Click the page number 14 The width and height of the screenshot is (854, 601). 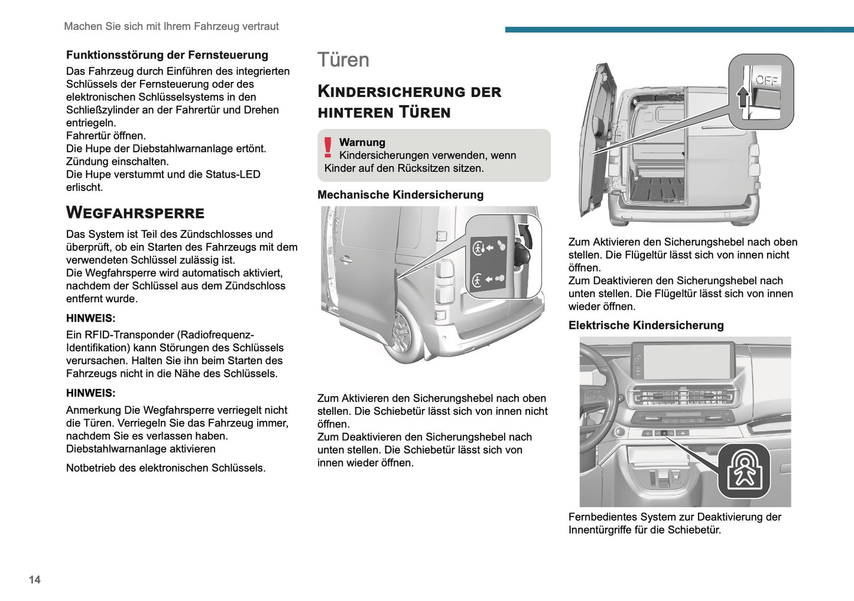pos(35,580)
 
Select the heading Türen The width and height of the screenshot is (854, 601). pos(343,60)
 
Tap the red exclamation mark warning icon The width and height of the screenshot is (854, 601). pos(327,148)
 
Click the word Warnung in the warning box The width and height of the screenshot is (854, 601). pos(362,142)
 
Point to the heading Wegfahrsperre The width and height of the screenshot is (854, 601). pos(135,213)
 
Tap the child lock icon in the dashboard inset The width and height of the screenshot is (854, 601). pos(744,471)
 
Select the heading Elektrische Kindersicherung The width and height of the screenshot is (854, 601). pos(646,325)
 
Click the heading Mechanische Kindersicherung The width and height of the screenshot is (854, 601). pos(400,195)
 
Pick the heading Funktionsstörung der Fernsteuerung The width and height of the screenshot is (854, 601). pos(167,55)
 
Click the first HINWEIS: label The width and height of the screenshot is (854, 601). pos(90,318)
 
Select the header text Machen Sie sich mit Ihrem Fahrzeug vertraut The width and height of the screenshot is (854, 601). pos(171,27)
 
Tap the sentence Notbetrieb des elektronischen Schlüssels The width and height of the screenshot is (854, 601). pos(165,468)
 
